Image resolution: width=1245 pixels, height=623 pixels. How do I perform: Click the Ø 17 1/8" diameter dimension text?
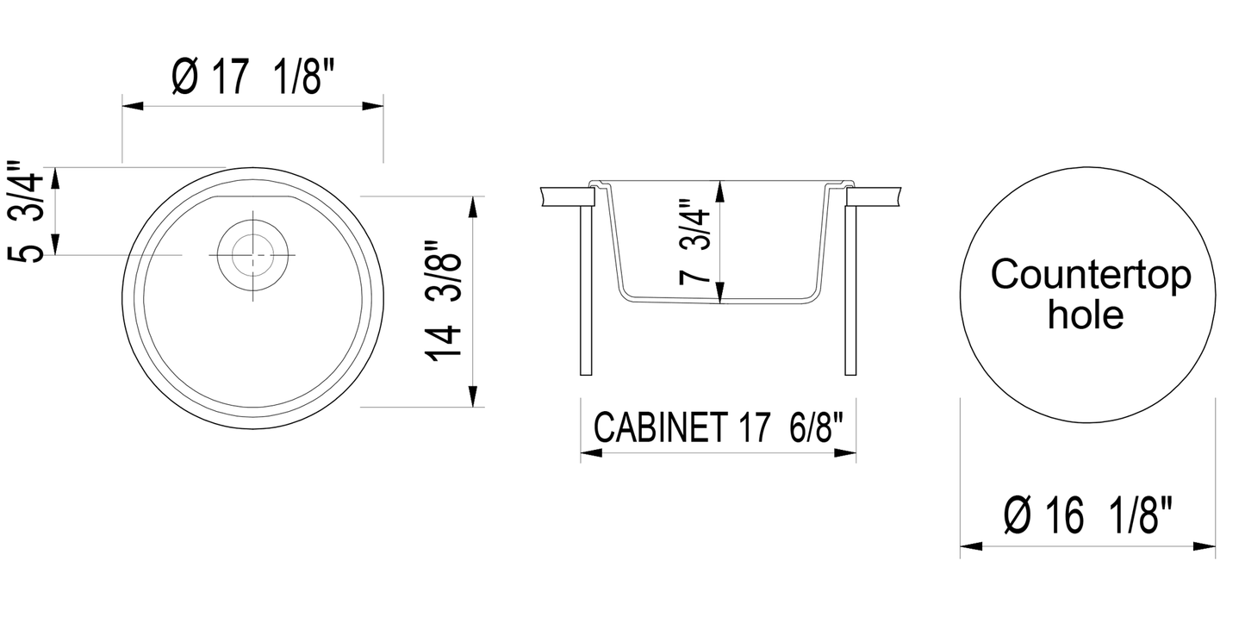coord(252,80)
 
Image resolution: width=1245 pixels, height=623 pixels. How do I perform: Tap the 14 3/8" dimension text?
coord(448,302)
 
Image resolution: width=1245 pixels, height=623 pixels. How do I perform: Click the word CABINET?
coord(659,427)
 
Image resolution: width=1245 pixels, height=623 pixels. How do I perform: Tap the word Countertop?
coord(1091,276)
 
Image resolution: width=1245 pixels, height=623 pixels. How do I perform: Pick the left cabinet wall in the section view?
coord(586,289)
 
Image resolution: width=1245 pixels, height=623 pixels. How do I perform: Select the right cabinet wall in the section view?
coord(851,289)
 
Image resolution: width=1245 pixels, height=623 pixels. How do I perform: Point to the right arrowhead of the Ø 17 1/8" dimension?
coord(374,106)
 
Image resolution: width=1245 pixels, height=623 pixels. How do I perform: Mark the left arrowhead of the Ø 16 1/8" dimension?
coord(971,545)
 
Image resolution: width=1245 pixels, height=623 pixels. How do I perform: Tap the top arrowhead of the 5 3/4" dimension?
coord(56,178)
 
